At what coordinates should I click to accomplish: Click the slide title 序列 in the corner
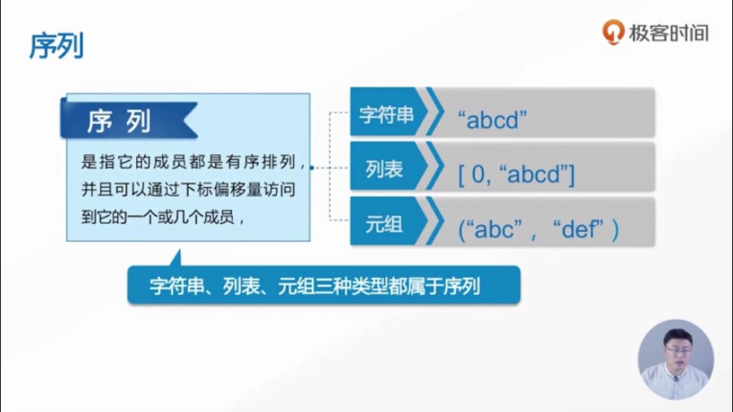56,46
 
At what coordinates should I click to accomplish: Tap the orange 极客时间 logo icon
612,32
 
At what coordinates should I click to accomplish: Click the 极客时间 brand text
669,33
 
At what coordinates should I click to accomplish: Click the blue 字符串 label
386,115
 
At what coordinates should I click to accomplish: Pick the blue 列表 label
384,169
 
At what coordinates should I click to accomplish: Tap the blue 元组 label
384,225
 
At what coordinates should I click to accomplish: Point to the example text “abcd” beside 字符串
492,120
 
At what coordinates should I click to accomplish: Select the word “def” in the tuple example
579,229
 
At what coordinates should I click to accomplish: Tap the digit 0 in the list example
479,175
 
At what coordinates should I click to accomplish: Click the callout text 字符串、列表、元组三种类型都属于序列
314,286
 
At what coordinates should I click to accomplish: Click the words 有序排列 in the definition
260,161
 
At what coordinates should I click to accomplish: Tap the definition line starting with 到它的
163,217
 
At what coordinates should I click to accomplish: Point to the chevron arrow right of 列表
435,166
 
